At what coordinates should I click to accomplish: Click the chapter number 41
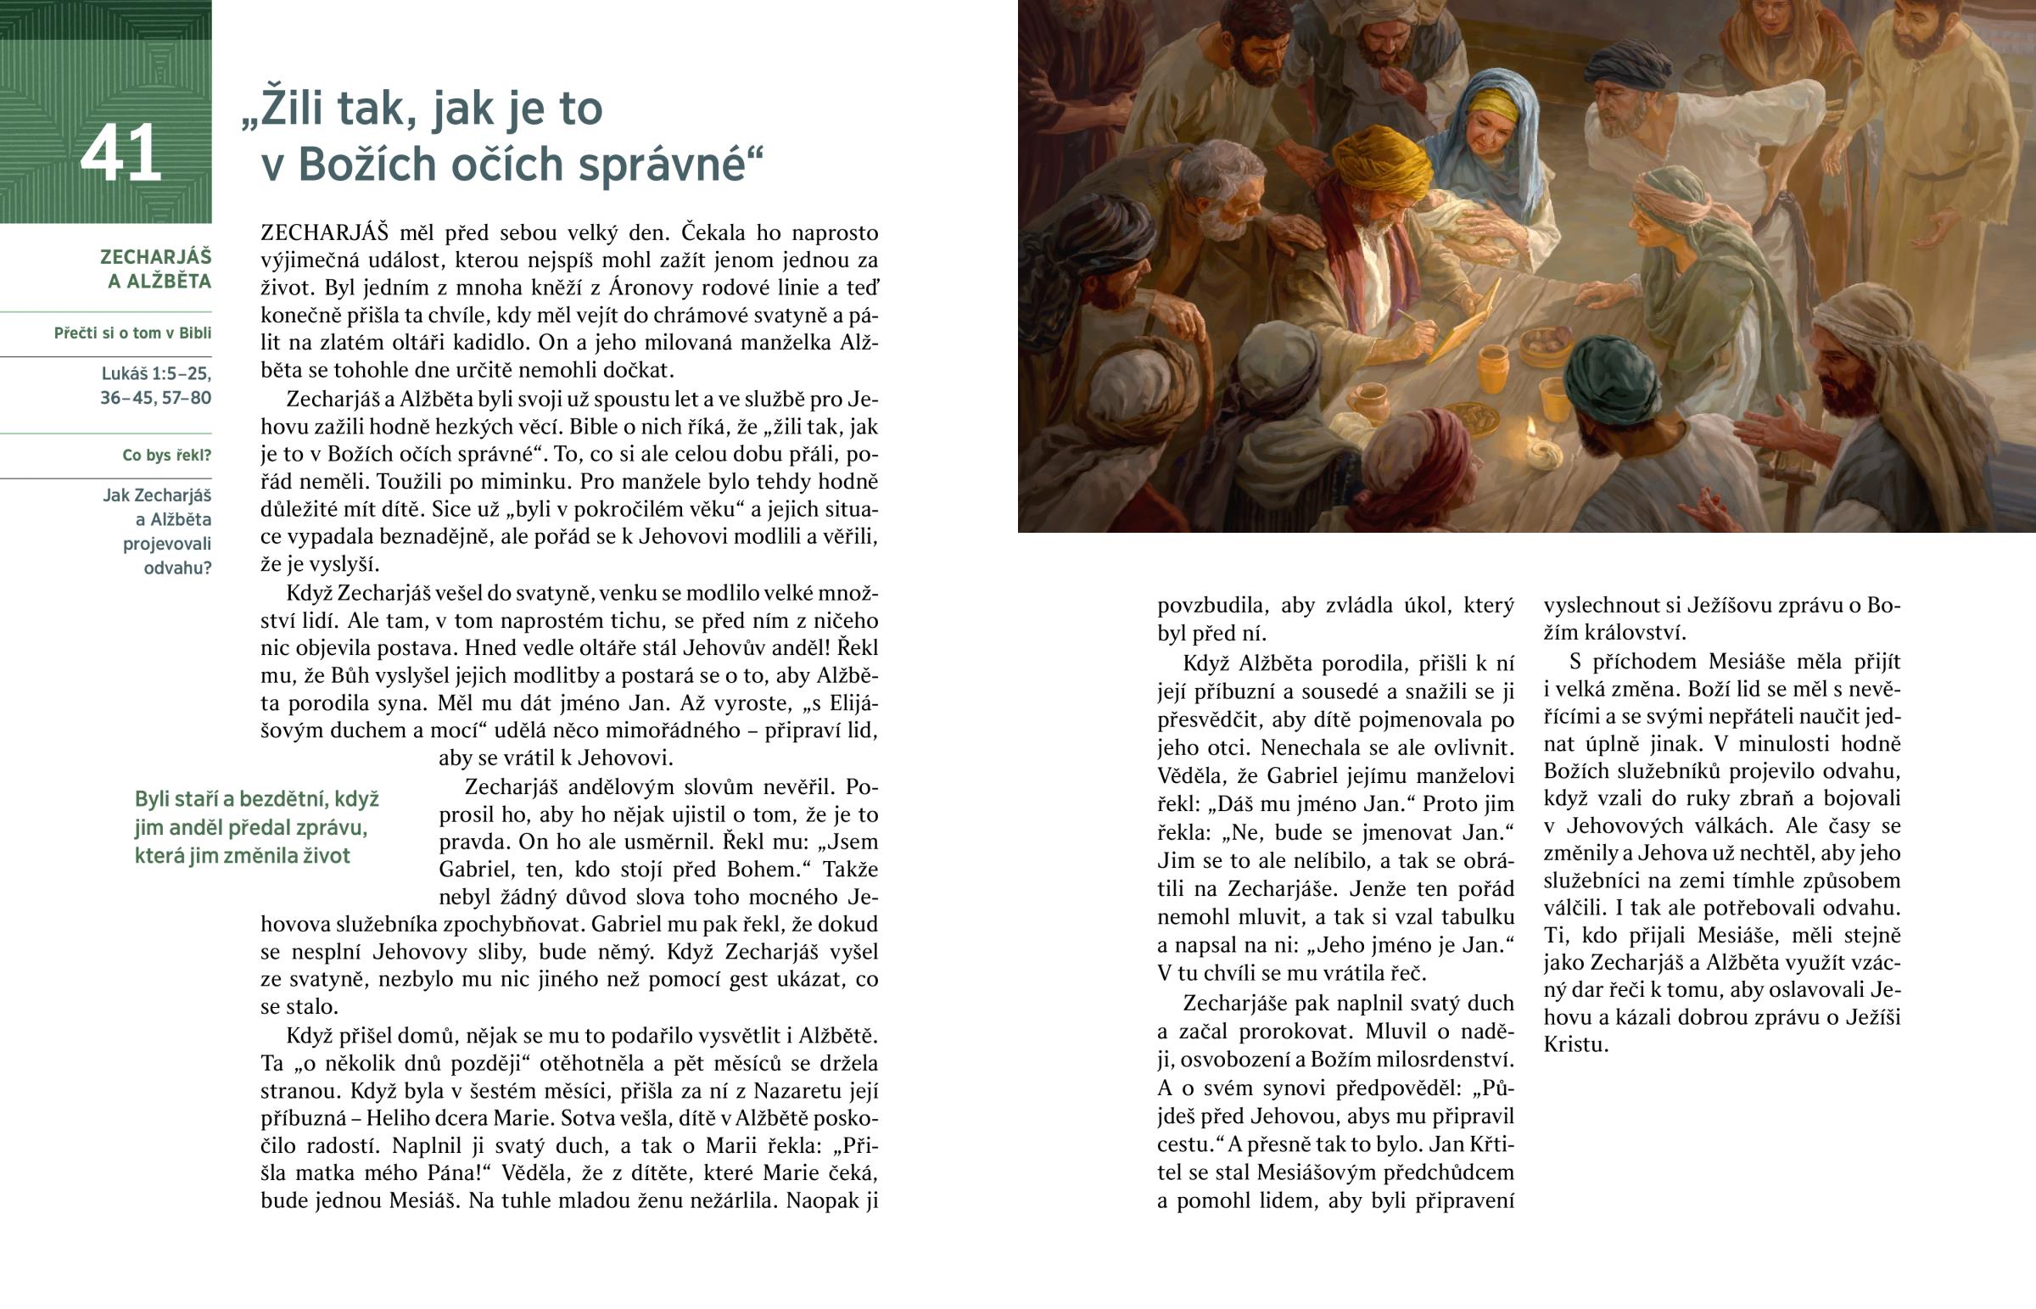(x=120, y=153)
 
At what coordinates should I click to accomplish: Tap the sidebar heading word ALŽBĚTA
(x=159, y=282)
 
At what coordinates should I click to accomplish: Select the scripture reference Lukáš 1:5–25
(x=156, y=373)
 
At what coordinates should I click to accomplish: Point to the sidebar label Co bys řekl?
(x=166, y=456)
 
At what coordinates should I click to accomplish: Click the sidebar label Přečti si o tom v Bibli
(x=132, y=333)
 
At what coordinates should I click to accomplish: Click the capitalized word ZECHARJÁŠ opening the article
(x=325, y=233)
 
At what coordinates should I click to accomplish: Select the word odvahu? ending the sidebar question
(x=176, y=568)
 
